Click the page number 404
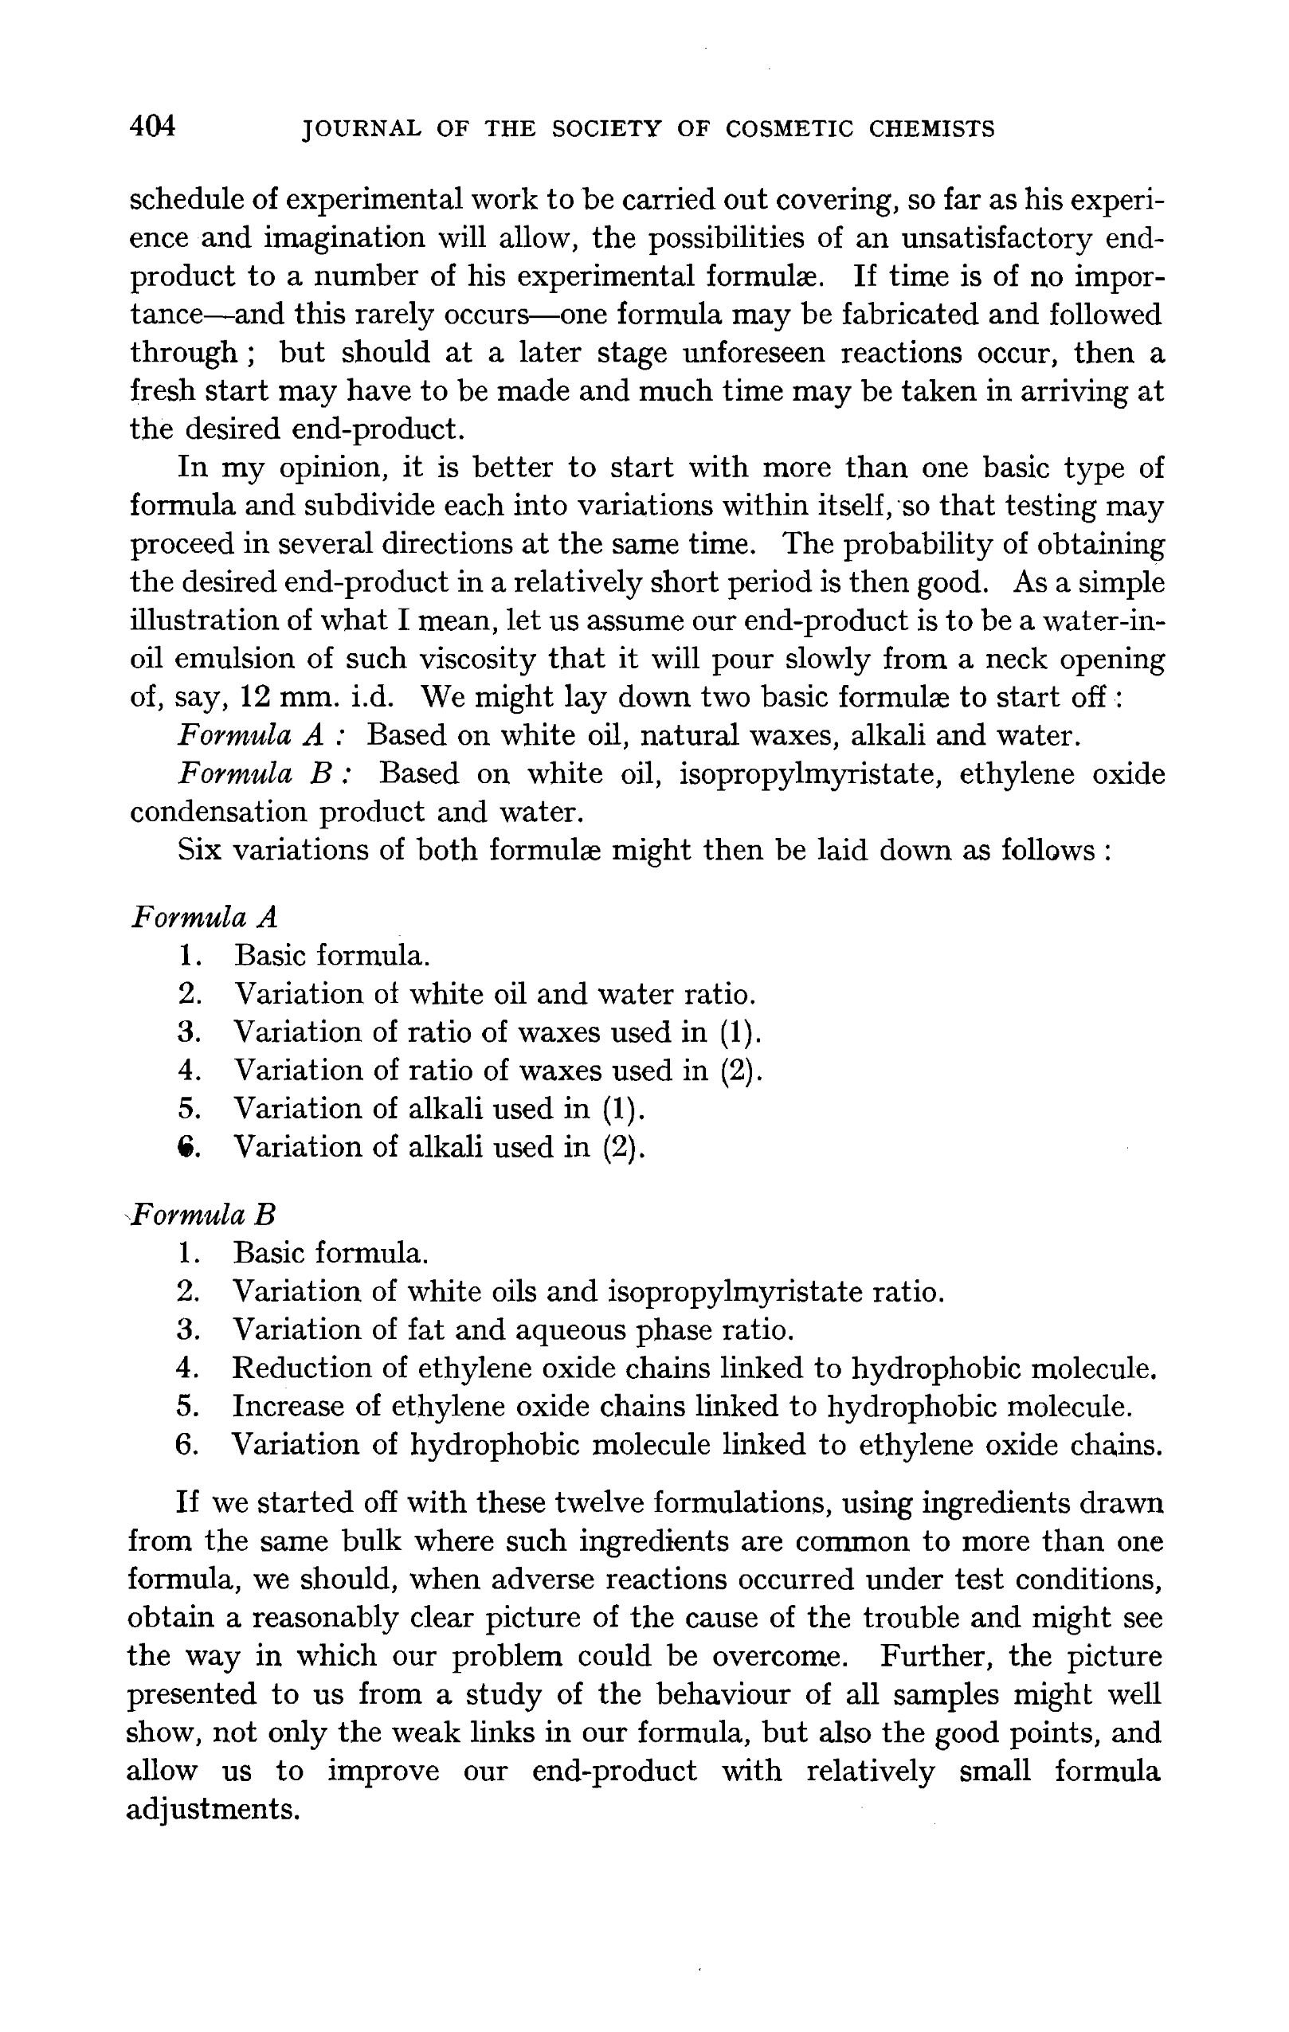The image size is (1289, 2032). [x=153, y=127]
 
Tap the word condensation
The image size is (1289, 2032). [x=217, y=812]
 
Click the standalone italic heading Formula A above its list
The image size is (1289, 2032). [x=204, y=918]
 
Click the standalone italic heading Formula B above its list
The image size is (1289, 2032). [x=203, y=1216]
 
